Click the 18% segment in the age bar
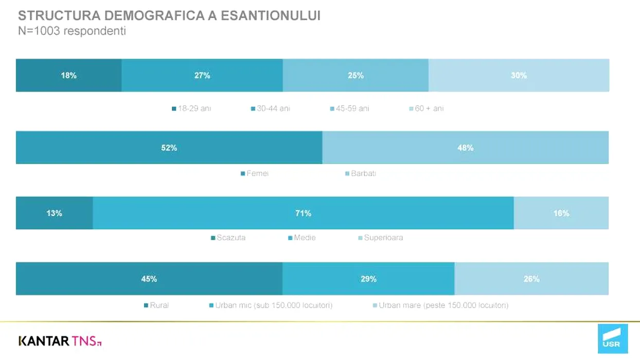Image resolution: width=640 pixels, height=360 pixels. click(68, 75)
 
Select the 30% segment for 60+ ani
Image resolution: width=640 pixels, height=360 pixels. click(519, 75)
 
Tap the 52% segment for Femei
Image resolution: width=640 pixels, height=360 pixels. click(169, 148)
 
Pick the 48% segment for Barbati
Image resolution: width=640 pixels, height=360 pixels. click(465, 148)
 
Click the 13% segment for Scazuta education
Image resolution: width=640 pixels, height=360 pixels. click(54, 213)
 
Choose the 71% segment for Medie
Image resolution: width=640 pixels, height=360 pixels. click(303, 213)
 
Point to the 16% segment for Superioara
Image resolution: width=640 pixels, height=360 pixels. click(561, 213)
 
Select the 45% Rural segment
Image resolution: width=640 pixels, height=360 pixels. click(149, 279)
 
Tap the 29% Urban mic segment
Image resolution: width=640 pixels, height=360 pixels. click(368, 279)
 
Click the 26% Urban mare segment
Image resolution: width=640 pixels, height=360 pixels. click(531, 279)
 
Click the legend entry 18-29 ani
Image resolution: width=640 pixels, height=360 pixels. click(191, 109)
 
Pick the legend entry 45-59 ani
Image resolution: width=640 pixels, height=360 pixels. click(349, 109)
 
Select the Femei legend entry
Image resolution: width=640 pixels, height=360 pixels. click(255, 173)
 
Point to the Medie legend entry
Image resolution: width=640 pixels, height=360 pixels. click(302, 238)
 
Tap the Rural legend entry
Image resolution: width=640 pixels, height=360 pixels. click(156, 305)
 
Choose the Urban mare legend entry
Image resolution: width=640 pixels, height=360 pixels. click(440, 305)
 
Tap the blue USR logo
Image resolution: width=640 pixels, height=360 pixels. click(612, 338)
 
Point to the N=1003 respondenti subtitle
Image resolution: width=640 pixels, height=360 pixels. click(72, 31)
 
